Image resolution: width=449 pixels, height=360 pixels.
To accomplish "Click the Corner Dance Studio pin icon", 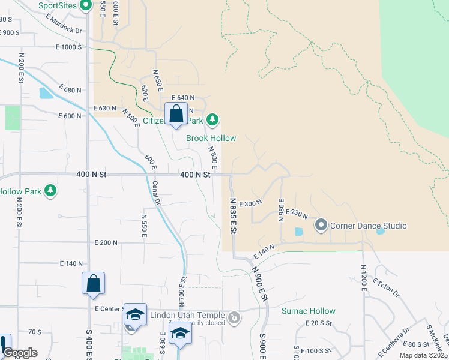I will [321, 226].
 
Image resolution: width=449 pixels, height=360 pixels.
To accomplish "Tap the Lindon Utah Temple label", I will [191, 316].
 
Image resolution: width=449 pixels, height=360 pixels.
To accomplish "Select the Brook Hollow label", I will [211, 138].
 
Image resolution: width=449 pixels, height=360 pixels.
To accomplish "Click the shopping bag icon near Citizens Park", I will [176, 113].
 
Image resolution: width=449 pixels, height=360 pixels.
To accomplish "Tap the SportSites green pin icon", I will [85, 6].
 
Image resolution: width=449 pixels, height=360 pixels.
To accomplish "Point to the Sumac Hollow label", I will [309, 311].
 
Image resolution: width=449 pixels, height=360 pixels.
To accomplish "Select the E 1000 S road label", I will [68, 47].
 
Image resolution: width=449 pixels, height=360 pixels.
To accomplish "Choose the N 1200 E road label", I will [363, 278].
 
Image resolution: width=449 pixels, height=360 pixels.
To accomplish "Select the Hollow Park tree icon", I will [52, 191].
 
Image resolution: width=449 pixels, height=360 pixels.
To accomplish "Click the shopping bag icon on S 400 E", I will [94, 283].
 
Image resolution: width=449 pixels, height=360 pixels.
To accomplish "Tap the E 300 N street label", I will [250, 204].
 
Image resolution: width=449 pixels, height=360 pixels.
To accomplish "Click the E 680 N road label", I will [70, 90].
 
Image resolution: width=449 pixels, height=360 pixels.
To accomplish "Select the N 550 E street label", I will [144, 226].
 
